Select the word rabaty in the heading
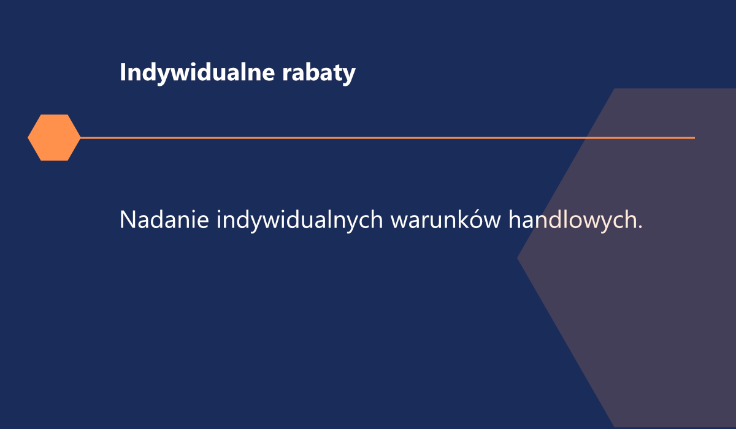click(x=319, y=73)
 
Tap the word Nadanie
click(x=164, y=219)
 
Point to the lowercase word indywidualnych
click(x=299, y=221)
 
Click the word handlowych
click(x=572, y=221)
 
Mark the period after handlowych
click(x=640, y=227)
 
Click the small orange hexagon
click(x=54, y=137)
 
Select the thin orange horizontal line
click(x=388, y=138)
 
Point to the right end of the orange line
click(x=695, y=138)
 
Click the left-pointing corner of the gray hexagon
click(x=518, y=257)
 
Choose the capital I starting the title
click(x=122, y=72)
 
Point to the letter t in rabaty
click(x=336, y=73)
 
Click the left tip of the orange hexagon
click(x=28, y=137)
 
